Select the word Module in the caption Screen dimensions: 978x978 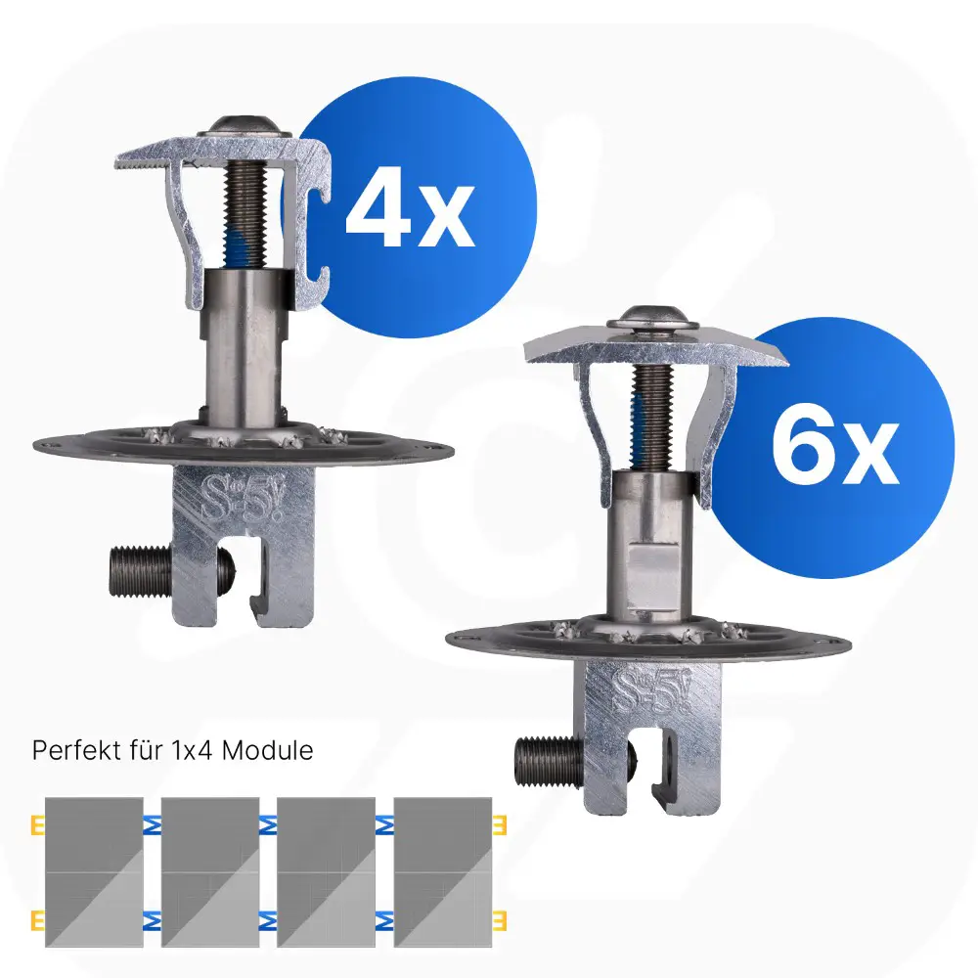tap(268, 750)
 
